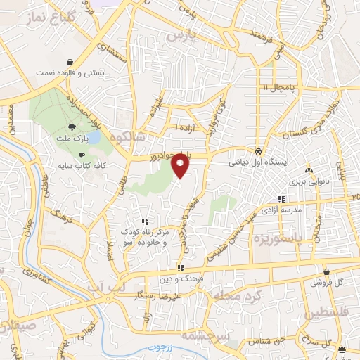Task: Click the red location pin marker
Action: click(181, 165)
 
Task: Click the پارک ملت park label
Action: click(70, 139)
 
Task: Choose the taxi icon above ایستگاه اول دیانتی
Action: click(259, 151)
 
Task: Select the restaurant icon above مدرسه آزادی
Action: click(282, 199)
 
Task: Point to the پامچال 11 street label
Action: click(276, 87)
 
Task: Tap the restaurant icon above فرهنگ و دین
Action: click(181, 267)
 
